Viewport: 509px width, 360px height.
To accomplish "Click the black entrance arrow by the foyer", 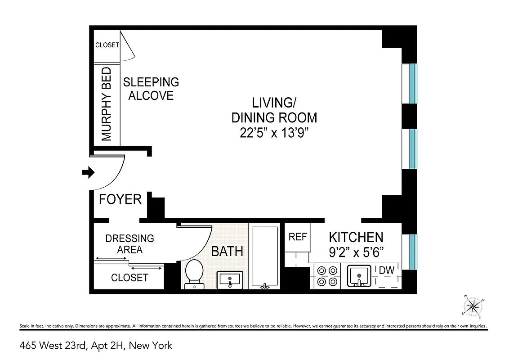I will coord(89,172).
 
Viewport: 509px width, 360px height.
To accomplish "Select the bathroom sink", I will coord(229,279).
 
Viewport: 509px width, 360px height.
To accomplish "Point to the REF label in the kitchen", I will coord(297,237).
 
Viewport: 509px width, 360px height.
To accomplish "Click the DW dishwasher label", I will coord(387,270).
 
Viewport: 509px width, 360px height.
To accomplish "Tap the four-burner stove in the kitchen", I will coord(327,276).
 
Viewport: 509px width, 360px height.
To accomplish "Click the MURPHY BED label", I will coord(107,104).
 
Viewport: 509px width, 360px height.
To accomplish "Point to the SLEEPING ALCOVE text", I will coord(151,89).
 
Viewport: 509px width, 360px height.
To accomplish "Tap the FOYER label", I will coord(120,199).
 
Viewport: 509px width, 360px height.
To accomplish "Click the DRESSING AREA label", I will coord(129,244).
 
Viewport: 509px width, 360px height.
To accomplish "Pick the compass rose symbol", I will coord(473,307).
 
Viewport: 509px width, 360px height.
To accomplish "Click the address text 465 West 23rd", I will coord(96,346).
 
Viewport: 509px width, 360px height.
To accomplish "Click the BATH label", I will coord(227,252).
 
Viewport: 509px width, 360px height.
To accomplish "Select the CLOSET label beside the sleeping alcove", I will coord(107,45).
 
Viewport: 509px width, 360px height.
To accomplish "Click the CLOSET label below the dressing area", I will coord(129,278).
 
